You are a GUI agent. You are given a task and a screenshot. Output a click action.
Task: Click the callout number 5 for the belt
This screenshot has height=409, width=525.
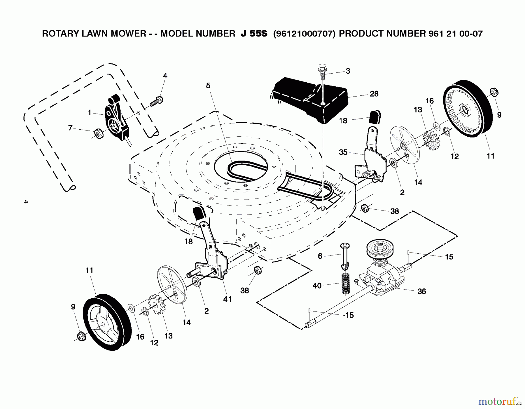coord(208,86)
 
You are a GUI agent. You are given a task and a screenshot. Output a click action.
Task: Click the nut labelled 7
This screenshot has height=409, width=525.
coord(99,134)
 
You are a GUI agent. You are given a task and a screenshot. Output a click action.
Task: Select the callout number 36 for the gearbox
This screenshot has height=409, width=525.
coord(421,291)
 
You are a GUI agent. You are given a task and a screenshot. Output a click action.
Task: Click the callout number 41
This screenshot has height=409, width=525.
coord(227,299)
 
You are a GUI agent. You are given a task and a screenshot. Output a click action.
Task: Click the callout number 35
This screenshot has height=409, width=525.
coord(343,152)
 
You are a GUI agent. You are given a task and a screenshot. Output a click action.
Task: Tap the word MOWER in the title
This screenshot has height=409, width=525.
coord(128,34)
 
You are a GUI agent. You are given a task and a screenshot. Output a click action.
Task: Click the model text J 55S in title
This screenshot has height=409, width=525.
coord(253,34)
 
